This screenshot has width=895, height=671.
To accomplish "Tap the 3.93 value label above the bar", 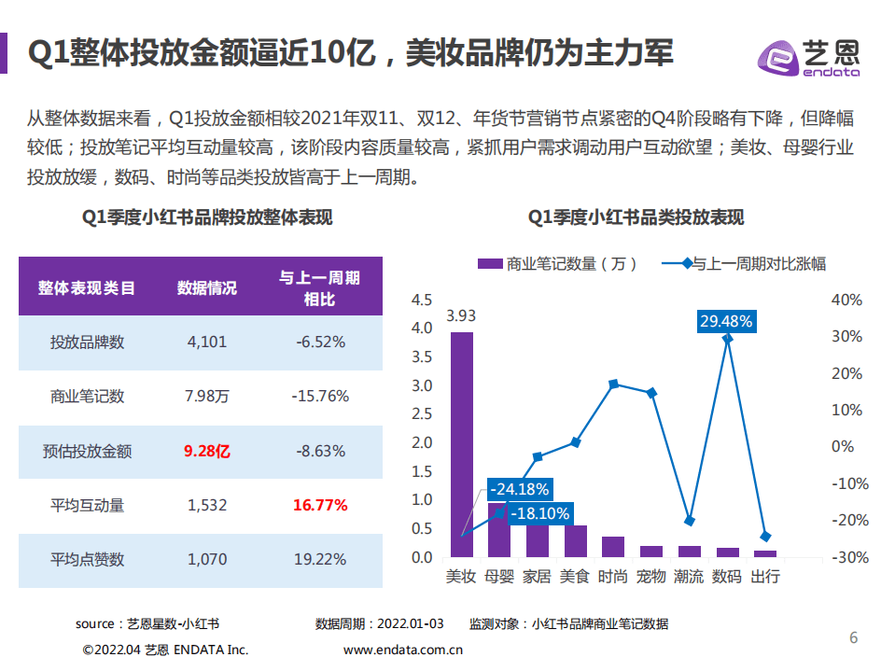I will coord(461,315).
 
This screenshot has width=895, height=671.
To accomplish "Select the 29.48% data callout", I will coord(727,321).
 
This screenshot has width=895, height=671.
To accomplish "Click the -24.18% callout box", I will coord(521,489).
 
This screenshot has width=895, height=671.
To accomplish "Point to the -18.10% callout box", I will coord(537,513).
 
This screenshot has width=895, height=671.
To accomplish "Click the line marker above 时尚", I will coord(613,384).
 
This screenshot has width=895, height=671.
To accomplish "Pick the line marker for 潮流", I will coord(690,521).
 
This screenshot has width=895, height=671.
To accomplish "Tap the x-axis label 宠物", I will coord(651,576).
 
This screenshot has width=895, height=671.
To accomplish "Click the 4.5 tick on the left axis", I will coord(421,300).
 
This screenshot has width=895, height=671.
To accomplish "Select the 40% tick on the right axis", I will coord(847,300).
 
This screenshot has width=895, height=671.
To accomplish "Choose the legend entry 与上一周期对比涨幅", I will coord(747,263).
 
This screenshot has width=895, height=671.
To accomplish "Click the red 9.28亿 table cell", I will coord(207,452).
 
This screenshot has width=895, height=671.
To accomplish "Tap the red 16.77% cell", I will coord(320,506).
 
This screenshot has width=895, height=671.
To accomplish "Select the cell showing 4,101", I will coord(207,342).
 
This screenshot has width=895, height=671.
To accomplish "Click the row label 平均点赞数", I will coord(87,560).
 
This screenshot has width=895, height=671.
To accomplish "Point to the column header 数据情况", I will coord(207,288).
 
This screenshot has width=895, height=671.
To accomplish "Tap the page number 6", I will coord(852,637).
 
